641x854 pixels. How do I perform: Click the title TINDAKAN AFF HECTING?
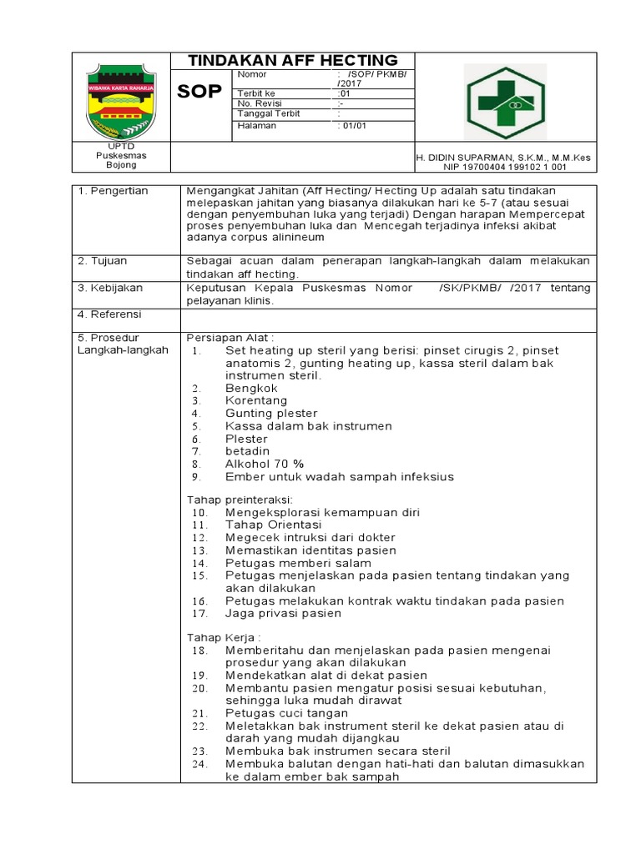[292, 60]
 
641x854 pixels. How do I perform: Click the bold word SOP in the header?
[200, 92]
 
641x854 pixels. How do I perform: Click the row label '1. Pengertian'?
[113, 191]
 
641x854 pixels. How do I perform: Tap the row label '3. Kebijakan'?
[110, 288]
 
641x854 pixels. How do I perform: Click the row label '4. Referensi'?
[110, 314]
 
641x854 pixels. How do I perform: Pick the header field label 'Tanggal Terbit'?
[269, 113]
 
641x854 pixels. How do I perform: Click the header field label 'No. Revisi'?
[260, 103]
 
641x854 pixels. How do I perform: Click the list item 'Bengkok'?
[251, 388]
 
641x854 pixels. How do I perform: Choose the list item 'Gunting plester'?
[271, 413]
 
